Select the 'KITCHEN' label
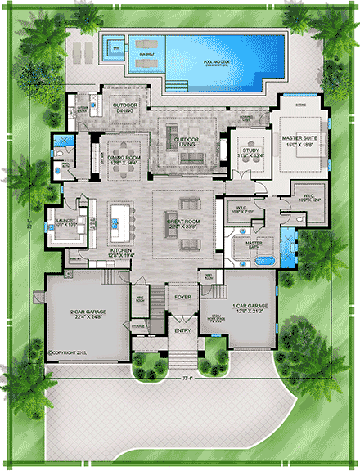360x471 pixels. pyautogui.click(x=119, y=253)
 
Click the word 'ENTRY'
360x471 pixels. pyautogui.click(x=182, y=331)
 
